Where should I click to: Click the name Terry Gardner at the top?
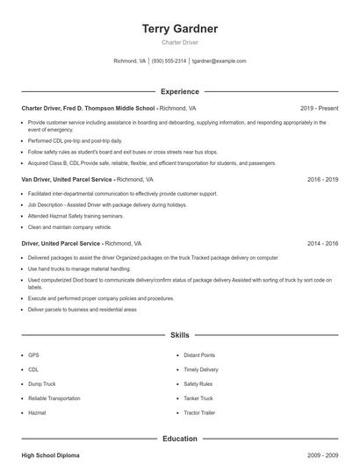pyautogui.click(x=180, y=29)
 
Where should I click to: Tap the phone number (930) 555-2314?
pyautogui.click(x=169, y=61)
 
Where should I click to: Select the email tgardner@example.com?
pyautogui.click(x=219, y=61)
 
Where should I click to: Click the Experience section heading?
pyautogui.click(x=180, y=91)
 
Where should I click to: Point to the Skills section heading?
pyautogui.click(x=180, y=335)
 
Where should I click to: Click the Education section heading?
pyautogui.click(x=180, y=438)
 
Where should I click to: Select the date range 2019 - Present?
pyautogui.click(x=319, y=108)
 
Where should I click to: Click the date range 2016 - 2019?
pyautogui.click(x=322, y=179)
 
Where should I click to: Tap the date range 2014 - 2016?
pyautogui.click(x=322, y=243)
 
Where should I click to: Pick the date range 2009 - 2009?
pyautogui.click(x=322, y=455)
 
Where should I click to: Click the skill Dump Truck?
pyautogui.click(x=41, y=384)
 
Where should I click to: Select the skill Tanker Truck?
pyautogui.click(x=198, y=398)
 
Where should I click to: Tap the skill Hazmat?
pyautogui.click(x=36, y=412)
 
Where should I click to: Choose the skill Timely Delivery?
pyautogui.click(x=201, y=369)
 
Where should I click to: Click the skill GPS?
pyautogui.click(x=33, y=355)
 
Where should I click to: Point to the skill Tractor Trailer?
pyautogui.click(x=199, y=412)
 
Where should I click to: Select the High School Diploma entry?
pyautogui.click(x=50, y=455)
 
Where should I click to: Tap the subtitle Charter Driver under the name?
pyautogui.click(x=180, y=42)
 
